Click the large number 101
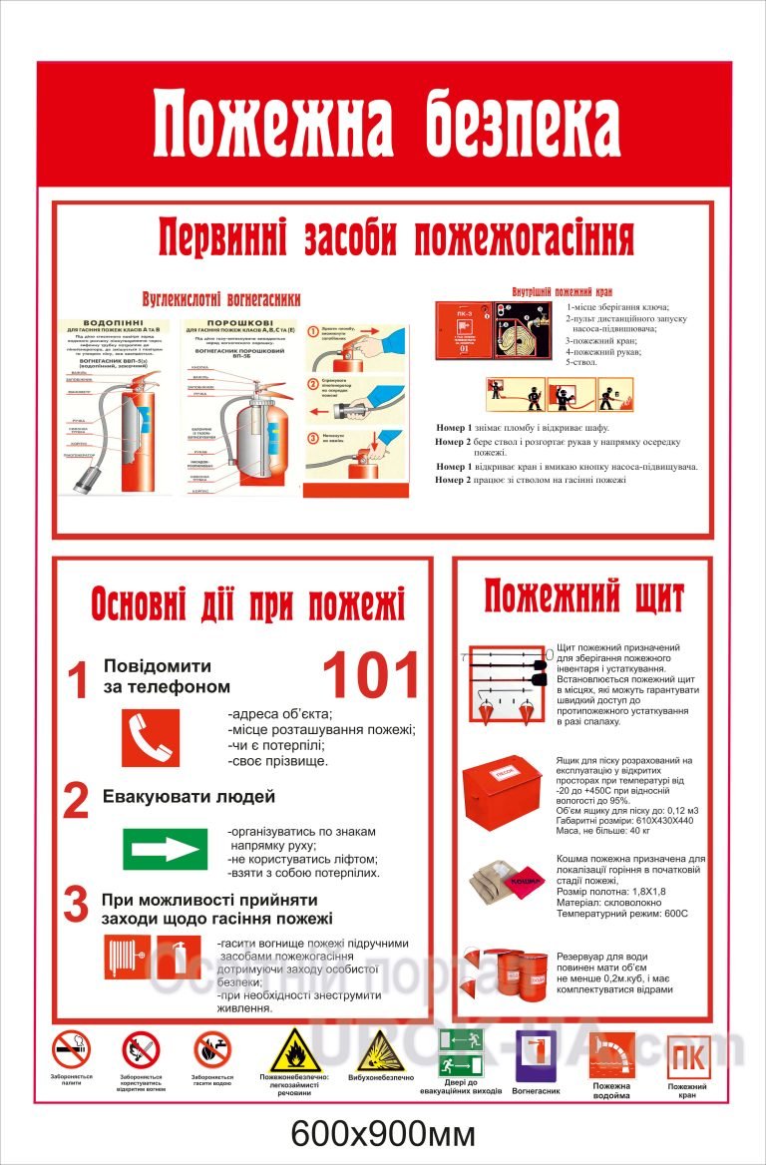(371, 676)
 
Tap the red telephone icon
(151, 737)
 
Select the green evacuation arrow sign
(165, 849)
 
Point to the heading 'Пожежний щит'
(583, 597)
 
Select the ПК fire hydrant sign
(687, 1056)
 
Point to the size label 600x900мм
(383, 1134)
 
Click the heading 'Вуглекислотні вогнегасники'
(220, 298)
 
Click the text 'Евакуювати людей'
(189, 797)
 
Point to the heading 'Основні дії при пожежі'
(247, 603)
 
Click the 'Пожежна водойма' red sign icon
(611, 1055)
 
